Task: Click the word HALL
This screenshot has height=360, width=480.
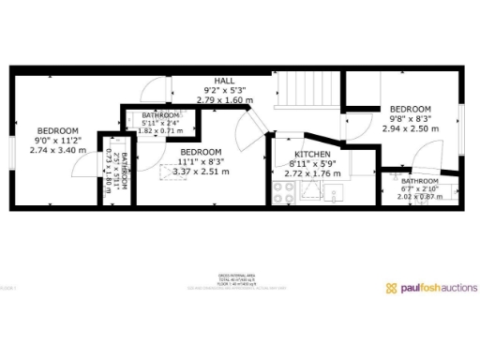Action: (x=224, y=82)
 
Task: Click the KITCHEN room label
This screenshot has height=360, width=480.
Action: (x=310, y=155)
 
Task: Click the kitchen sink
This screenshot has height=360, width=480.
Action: (x=334, y=194)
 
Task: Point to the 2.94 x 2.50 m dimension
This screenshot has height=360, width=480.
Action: (x=410, y=128)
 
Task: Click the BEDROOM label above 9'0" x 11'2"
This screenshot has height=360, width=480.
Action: (x=57, y=130)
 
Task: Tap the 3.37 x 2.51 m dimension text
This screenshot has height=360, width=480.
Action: (x=201, y=172)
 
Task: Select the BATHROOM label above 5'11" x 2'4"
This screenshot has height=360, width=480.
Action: (x=161, y=114)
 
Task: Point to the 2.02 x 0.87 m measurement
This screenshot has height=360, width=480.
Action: (x=419, y=197)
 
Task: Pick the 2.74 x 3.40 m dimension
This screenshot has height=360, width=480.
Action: (x=57, y=150)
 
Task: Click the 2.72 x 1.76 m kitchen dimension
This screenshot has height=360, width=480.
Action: (x=310, y=173)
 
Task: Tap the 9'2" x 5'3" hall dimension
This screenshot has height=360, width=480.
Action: (x=224, y=91)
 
